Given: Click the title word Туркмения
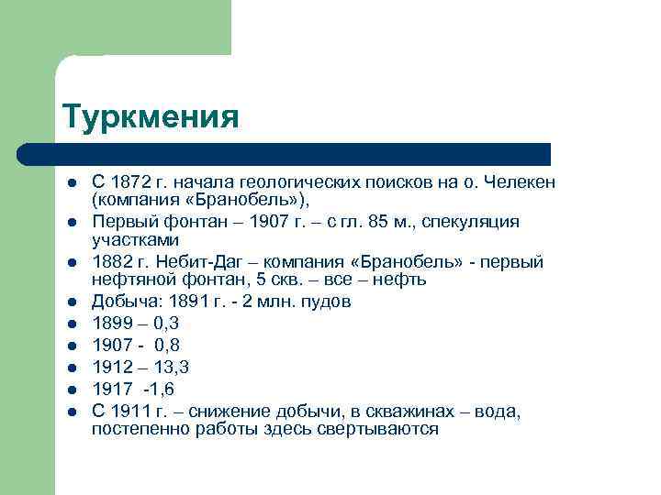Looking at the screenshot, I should click(x=151, y=117).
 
